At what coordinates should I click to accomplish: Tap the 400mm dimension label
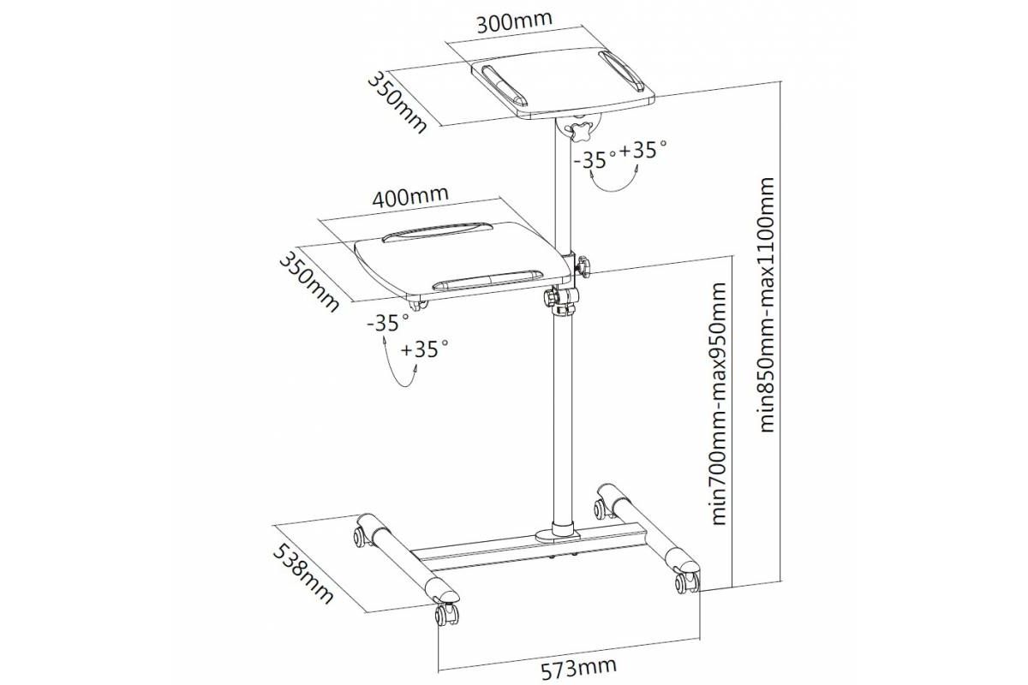(x=409, y=196)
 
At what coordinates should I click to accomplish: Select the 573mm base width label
(x=579, y=670)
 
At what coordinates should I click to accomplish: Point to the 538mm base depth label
(x=302, y=575)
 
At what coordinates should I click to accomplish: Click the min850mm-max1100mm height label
(x=767, y=305)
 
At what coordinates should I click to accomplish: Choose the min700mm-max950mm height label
(x=718, y=404)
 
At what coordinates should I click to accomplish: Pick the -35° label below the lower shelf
(x=388, y=323)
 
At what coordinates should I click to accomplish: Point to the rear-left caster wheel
(x=362, y=537)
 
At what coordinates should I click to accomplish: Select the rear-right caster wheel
(x=603, y=508)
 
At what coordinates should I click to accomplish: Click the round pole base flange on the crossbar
(x=559, y=534)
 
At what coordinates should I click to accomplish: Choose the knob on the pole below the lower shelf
(x=550, y=297)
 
